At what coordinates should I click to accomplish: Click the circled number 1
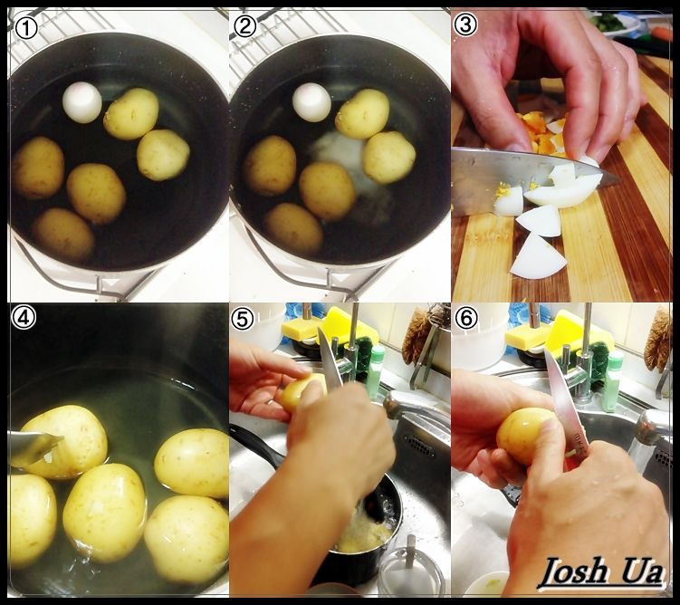26,28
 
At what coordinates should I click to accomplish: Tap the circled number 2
245,27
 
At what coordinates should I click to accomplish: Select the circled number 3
465,25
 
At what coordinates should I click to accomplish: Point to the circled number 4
24,318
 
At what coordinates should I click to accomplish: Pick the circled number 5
243,320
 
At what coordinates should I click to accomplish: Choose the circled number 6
466,319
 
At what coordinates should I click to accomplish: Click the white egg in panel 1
82,102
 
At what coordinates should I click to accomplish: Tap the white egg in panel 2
311,102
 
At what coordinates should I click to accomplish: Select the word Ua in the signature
643,571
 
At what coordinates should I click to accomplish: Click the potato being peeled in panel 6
525,436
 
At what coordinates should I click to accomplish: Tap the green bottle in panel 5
376,367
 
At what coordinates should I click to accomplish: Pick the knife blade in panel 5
330,359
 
